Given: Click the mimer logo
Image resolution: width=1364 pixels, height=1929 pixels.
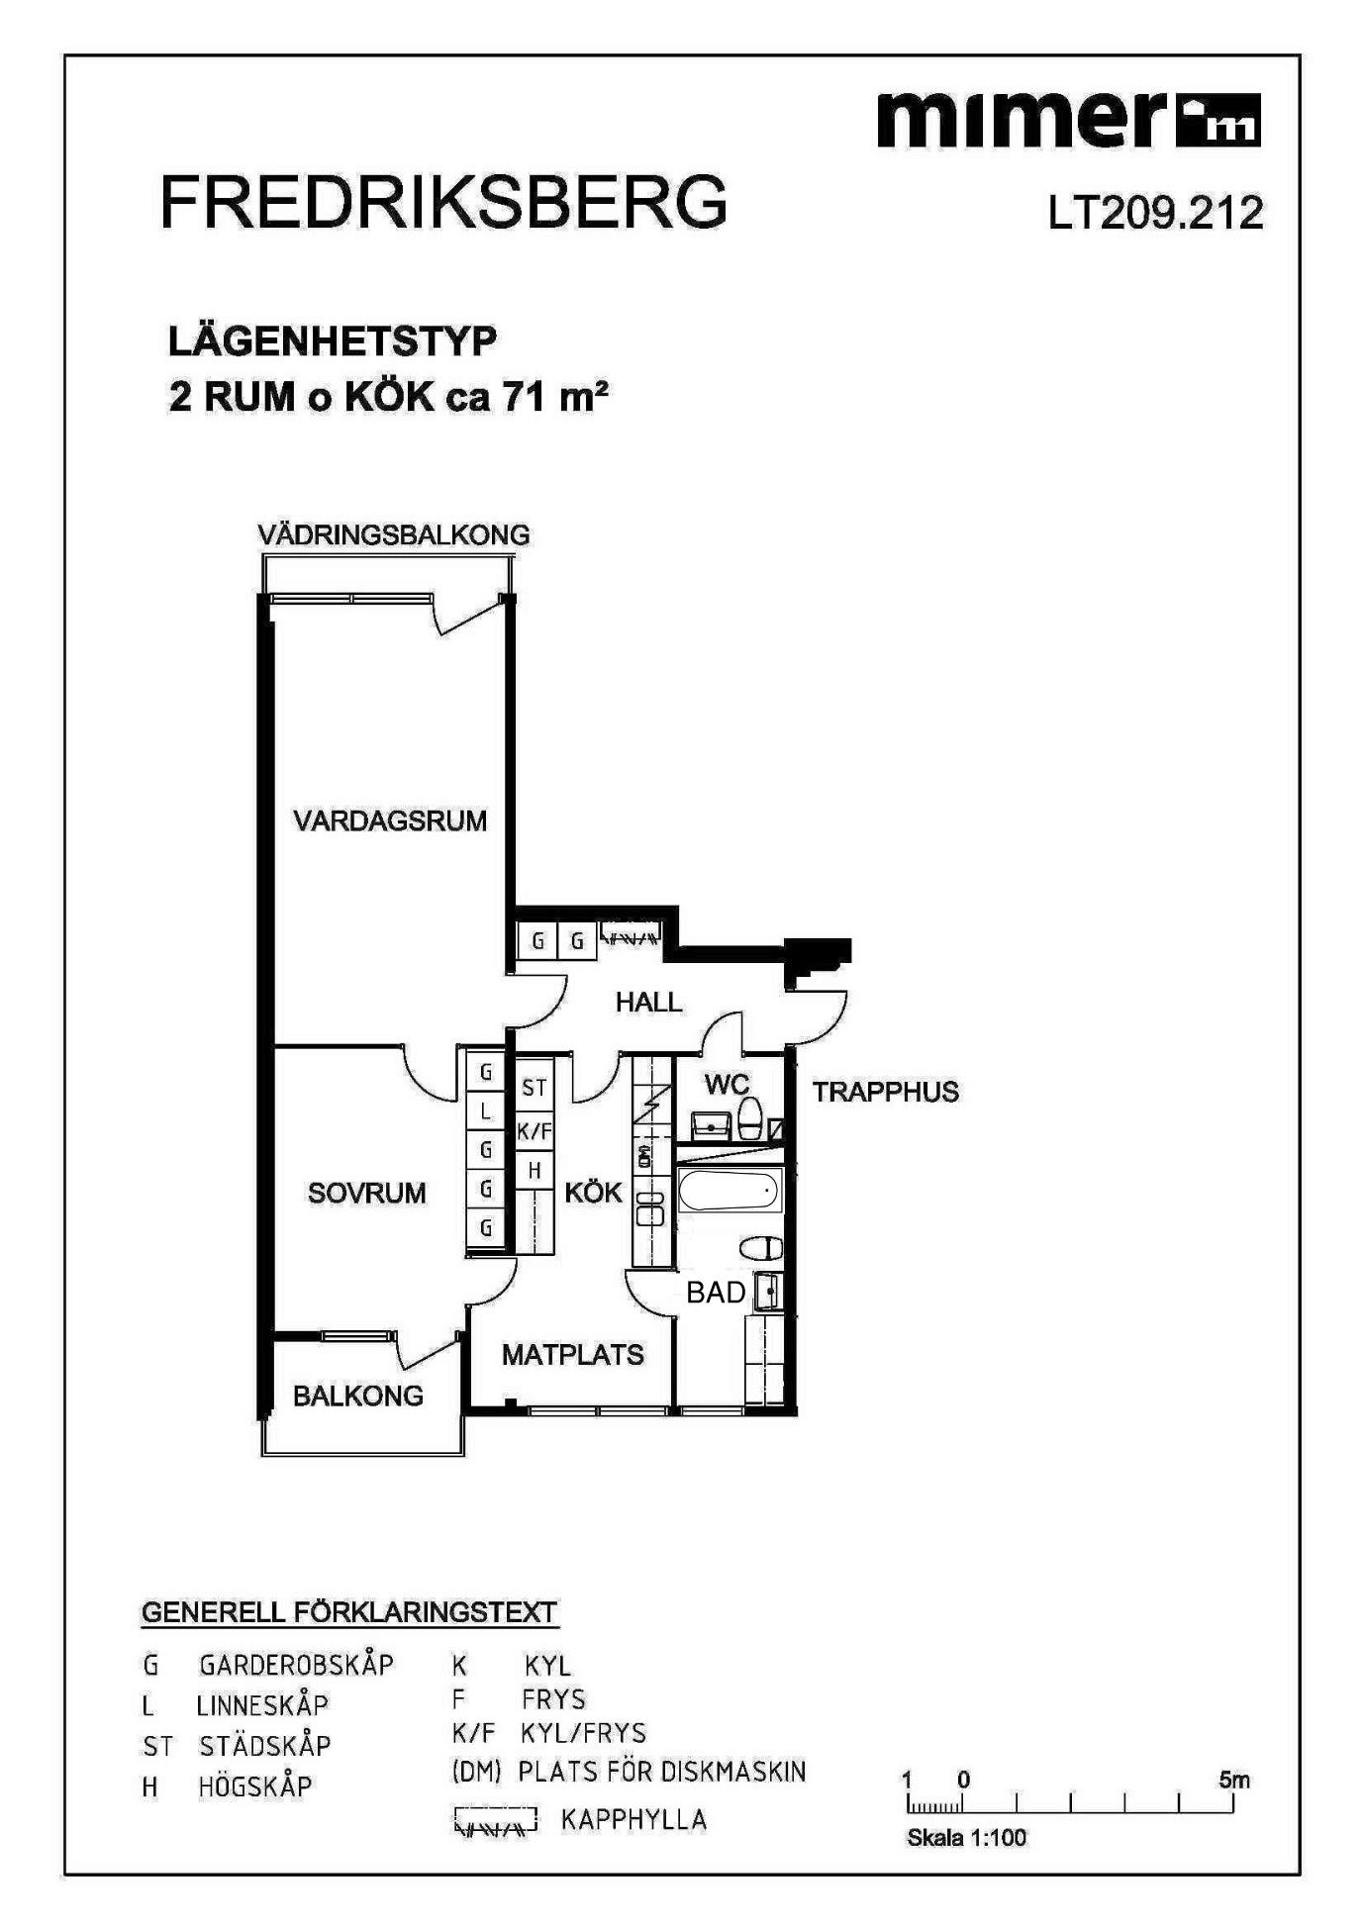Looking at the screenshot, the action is point(1069,120).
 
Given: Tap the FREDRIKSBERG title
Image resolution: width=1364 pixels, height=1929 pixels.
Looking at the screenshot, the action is point(443,204).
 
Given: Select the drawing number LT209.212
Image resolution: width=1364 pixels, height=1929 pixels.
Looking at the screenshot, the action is point(1156,213).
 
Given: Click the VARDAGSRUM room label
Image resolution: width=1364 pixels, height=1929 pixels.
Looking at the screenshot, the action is point(390,820).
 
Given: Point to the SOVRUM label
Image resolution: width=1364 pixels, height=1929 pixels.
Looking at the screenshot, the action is point(366,1193).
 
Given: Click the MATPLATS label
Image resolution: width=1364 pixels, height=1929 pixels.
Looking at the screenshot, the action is point(572,1354).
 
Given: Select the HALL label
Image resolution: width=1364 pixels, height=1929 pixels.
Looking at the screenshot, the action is point(648,1002).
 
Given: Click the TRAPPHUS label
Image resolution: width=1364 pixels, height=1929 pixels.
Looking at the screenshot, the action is point(886,1092).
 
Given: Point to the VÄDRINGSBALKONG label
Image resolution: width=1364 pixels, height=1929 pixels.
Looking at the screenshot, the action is point(393,534).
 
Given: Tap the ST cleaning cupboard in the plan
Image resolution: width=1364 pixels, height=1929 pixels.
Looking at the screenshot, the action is point(534,1088).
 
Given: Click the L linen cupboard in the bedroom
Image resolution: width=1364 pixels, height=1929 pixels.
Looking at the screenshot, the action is point(485,1111).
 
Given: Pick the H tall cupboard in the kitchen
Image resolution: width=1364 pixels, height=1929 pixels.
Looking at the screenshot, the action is point(535,1170).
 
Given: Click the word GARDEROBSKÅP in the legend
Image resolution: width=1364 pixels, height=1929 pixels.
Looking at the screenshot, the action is point(296,1665).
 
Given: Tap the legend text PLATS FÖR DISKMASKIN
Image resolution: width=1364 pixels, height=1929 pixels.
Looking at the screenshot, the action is point(662,1771).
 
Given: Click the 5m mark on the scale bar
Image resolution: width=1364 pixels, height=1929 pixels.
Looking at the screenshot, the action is point(1233,1780).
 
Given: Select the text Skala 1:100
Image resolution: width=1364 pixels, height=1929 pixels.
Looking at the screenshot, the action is point(966,1838).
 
